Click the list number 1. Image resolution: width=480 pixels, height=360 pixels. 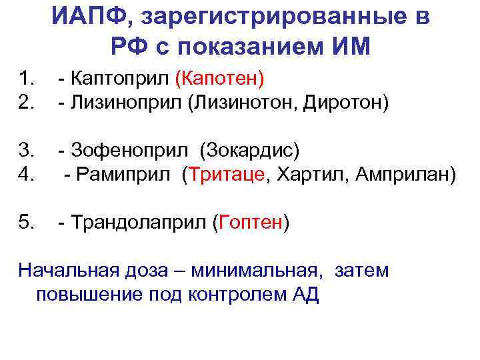27,80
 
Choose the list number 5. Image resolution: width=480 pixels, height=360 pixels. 27,221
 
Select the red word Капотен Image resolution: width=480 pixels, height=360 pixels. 219,80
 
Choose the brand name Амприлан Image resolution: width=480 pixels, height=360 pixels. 406,175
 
